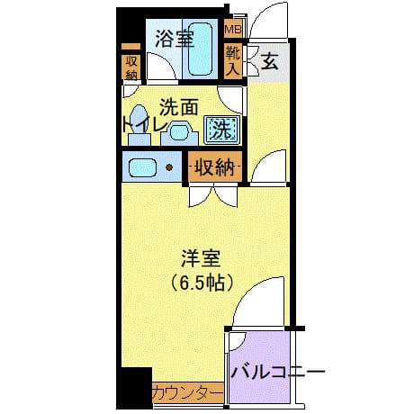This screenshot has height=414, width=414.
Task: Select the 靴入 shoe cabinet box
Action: point(233,61)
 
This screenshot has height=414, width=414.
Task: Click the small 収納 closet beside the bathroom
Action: point(132,67)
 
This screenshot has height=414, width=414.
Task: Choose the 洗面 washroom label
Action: point(179,106)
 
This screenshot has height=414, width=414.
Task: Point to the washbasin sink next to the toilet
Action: point(179,132)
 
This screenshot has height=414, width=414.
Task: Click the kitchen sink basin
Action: point(143,166)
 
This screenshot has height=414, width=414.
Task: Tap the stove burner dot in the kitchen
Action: point(168,166)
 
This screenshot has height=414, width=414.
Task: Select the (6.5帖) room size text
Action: point(202,283)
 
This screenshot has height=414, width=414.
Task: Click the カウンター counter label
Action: point(185,392)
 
